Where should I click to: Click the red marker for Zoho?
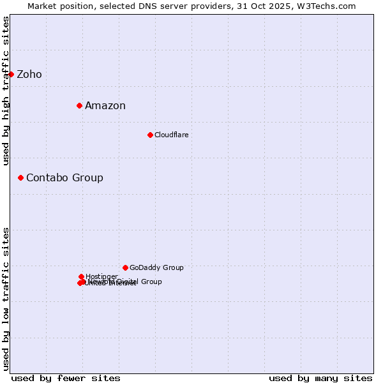click(x=11, y=74)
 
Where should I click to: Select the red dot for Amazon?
click(x=79, y=105)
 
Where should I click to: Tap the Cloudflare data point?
click(x=150, y=135)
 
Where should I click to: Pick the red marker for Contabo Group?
click(x=20, y=177)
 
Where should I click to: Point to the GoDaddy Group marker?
click(x=125, y=267)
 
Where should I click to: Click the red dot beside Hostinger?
click(x=81, y=276)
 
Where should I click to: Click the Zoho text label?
click(x=29, y=75)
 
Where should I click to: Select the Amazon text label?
click(x=105, y=106)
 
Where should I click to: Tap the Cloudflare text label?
click(x=171, y=135)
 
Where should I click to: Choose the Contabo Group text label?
click(x=64, y=178)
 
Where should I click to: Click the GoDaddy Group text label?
click(x=156, y=268)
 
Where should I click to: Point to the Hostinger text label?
click(x=101, y=276)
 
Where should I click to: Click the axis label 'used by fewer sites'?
click(x=66, y=379)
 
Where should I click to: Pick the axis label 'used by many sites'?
click(x=320, y=379)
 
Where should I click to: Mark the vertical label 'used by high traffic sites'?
click(x=6, y=91)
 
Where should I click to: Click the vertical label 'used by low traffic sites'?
click(x=6, y=299)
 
